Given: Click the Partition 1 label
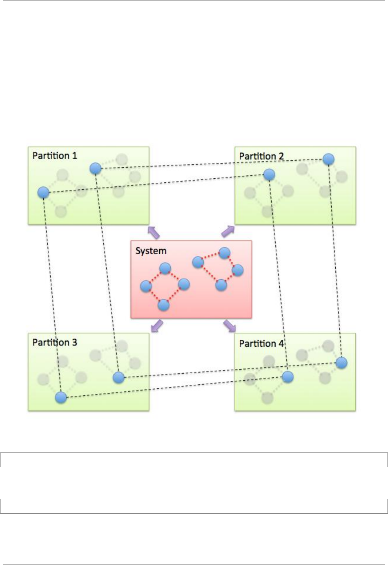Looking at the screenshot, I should pyautogui.click(x=55, y=156).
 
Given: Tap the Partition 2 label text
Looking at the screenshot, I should pyautogui.click(x=261, y=156).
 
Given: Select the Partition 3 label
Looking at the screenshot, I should pyautogui.click(x=55, y=342).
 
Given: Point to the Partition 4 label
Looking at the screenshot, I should pyautogui.click(x=261, y=343).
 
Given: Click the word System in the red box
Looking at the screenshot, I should pyautogui.click(x=151, y=251).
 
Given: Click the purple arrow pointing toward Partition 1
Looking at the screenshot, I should pyautogui.click(x=154, y=233).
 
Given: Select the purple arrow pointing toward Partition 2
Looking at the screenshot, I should pyautogui.click(x=228, y=231).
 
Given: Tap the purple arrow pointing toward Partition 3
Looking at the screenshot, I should pyautogui.click(x=157, y=326).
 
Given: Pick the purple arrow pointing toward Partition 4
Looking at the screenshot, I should pyautogui.click(x=230, y=326).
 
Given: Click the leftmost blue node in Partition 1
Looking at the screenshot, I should pyautogui.click(x=43, y=193).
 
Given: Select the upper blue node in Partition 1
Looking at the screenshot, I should pyautogui.click(x=95, y=168).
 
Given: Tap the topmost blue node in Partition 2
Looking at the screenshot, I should pyautogui.click(x=328, y=159).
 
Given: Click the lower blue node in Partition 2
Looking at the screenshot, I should pyautogui.click(x=269, y=175).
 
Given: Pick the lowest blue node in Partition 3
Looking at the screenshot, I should pyautogui.click(x=61, y=397).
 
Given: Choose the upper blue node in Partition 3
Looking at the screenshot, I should pyautogui.click(x=118, y=377).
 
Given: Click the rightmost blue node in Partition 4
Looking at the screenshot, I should pyautogui.click(x=341, y=363).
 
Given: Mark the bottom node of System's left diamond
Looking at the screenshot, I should pyautogui.click(x=164, y=305).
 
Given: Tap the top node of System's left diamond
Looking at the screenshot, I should pyautogui.click(x=165, y=268).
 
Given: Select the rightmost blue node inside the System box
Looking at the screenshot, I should pyautogui.click(x=237, y=270).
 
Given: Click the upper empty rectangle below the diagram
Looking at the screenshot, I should pyautogui.click(x=194, y=460).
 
